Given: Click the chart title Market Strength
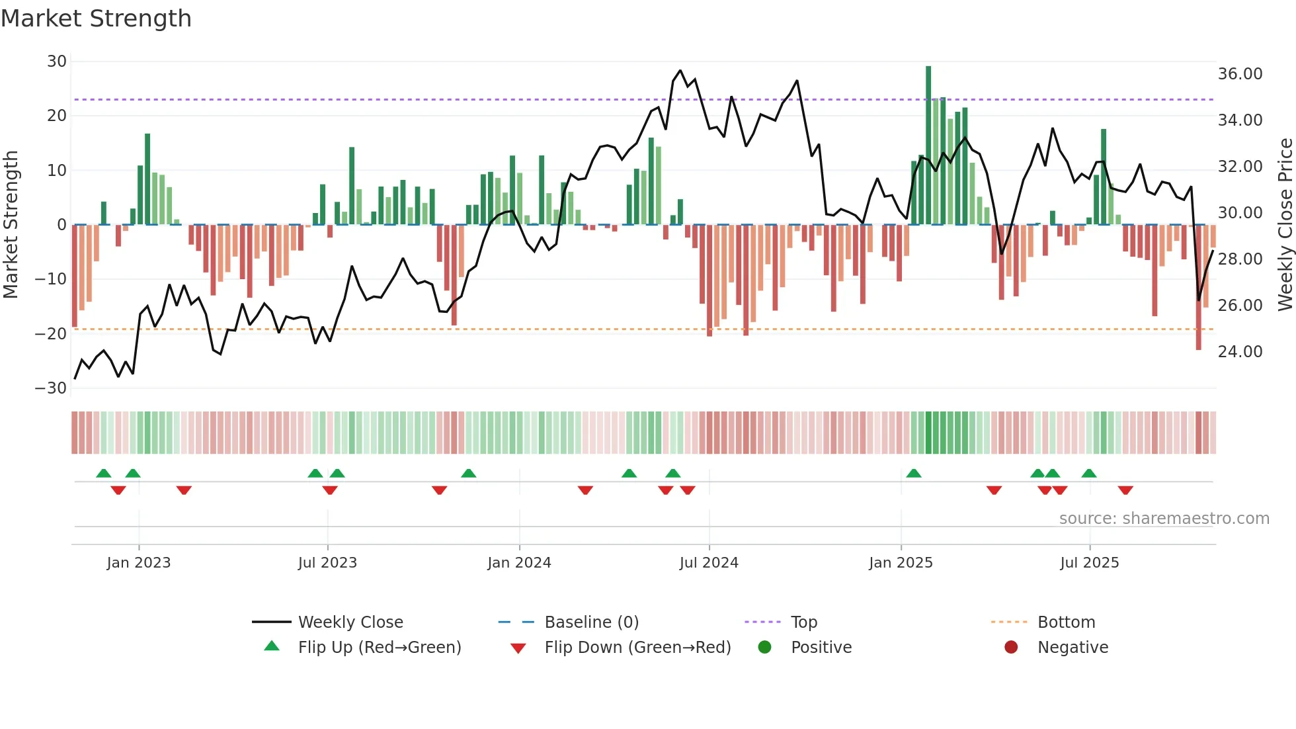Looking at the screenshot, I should [96, 19].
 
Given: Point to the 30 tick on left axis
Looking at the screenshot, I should [57, 62].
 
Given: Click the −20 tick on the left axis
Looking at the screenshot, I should [51, 334].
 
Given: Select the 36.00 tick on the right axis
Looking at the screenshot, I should [1240, 74].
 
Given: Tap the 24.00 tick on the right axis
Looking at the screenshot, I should [1240, 352].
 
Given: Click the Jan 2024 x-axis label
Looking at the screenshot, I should [519, 563].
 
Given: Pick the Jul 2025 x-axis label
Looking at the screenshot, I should [1089, 563].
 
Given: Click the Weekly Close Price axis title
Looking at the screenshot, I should [1285, 225].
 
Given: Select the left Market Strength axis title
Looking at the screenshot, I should [11, 225].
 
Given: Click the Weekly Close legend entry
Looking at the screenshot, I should [350, 622].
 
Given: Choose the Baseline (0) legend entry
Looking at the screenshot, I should [591, 622].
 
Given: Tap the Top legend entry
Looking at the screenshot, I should [803, 622].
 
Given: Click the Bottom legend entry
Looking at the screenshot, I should [1066, 622].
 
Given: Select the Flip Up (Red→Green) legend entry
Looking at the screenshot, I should [379, 648].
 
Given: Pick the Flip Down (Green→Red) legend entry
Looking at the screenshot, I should [637, 648].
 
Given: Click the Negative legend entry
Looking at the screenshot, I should [1072, 648].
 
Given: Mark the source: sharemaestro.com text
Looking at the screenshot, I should [1164, 519].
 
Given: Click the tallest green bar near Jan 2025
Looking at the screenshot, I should [928, 146].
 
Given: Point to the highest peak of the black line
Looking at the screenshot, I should [680, 71].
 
